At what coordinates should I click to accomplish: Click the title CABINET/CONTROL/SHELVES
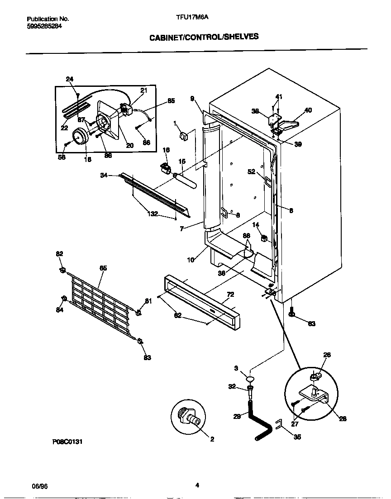204,37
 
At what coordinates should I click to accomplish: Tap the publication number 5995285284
44,26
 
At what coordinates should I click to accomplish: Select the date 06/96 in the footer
40,486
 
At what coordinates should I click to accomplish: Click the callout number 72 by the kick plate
230,295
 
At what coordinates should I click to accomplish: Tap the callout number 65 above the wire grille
103,268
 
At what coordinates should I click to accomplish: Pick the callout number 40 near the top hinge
308,110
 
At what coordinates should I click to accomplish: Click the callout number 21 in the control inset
144,90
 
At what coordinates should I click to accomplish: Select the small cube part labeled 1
184,135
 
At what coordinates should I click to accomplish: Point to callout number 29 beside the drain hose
237,416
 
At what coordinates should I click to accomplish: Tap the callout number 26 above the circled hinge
327,355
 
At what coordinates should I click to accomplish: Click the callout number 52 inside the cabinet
251,171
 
